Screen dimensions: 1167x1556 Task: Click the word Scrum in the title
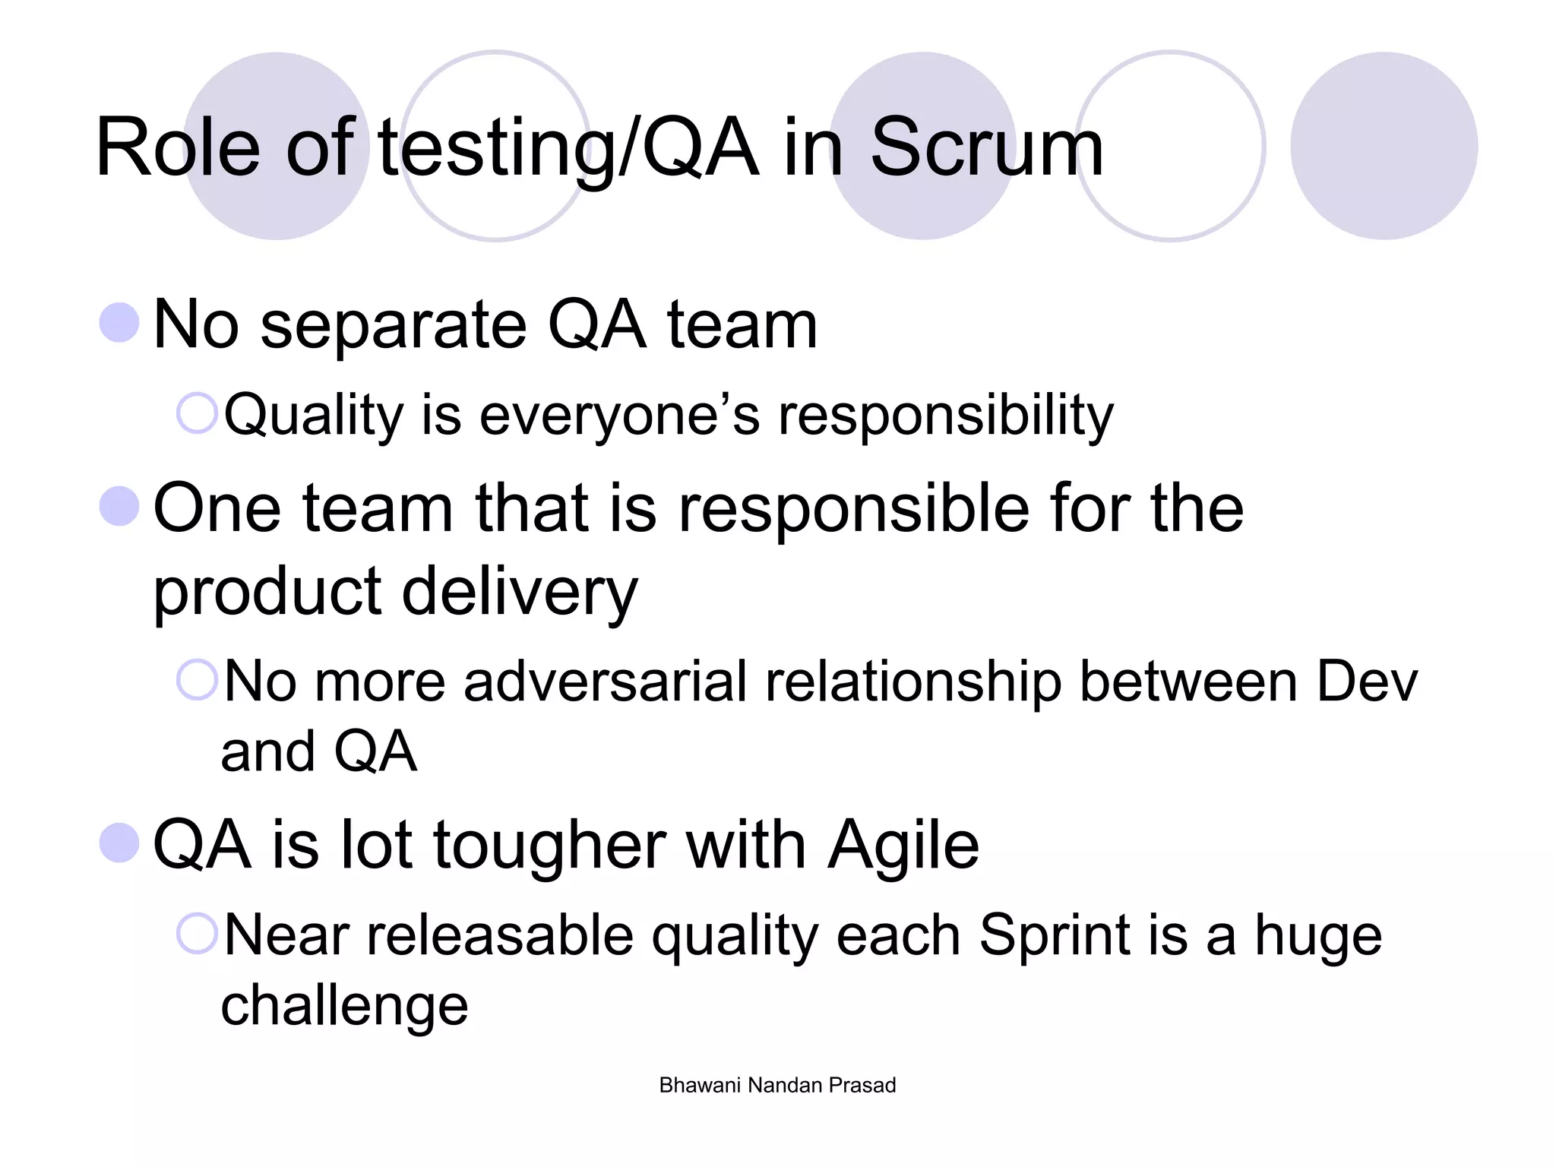click(x=986, y=148)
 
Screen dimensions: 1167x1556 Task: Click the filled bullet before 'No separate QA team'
click(x=119, y=322)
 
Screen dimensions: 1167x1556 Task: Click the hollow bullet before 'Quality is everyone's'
click(x=197, y=413)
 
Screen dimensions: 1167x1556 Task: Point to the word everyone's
click(x=619, y=416)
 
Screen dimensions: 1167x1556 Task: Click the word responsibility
click(x=946, y=416)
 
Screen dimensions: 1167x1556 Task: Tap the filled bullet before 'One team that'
click(x=119, y=506)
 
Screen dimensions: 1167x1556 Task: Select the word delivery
click(x=520, y=593)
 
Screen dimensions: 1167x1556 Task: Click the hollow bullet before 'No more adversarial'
click(x=197, y=679)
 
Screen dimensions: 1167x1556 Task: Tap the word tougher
click(x=549, y=846)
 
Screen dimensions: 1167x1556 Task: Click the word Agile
click(x=903, y=846)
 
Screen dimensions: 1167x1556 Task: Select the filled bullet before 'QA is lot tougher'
click(x=119, y=843)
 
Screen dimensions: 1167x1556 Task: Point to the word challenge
click(x=344, y=1006)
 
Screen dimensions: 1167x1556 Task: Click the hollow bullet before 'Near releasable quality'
click(x=197, y=933)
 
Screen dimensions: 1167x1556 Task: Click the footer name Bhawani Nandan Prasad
click(x=777, y=1085)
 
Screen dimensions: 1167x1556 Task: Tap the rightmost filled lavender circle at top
click(x=1384, y=146)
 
